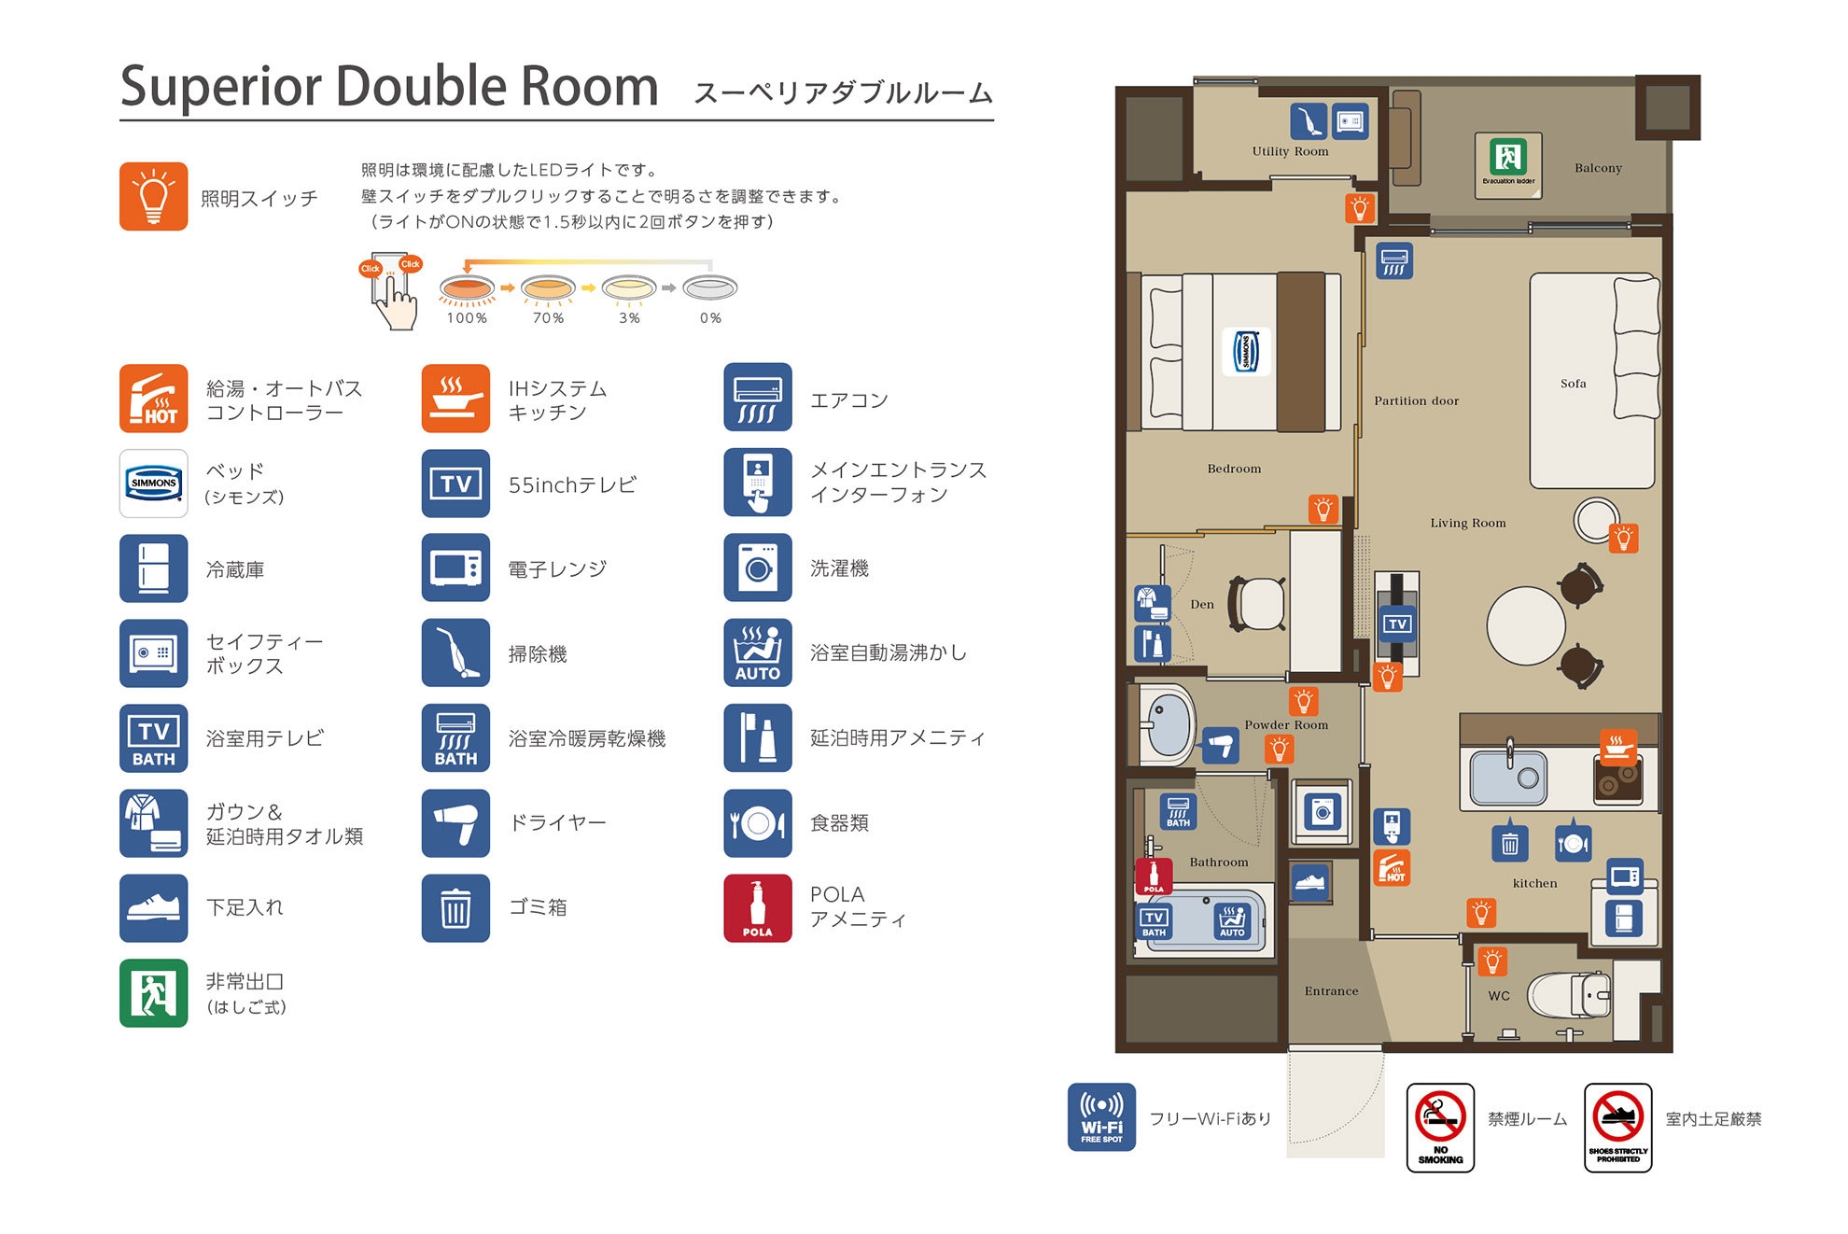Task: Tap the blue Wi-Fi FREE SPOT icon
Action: [1101, 1116]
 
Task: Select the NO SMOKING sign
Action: [1440, 1127]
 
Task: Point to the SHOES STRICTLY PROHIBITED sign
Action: [1617, 1127]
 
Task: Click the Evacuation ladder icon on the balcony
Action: [1507, 164]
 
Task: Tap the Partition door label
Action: [1416, 400]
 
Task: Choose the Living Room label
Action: [1468, 523]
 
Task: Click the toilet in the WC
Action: [1568, 994]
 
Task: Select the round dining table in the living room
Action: [1526, 625]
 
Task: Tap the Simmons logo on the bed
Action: [1246, 352]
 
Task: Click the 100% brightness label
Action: [467, 318]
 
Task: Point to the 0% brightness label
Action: [710, 318]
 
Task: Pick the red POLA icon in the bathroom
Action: [1154, 876]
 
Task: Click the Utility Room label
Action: [1290, 151]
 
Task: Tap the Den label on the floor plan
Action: [1202, 604]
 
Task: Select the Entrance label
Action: [1331, 991]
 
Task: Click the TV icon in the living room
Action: [1397, 624]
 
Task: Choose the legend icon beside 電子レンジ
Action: [455, 568]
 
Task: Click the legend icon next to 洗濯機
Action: [758, 568]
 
